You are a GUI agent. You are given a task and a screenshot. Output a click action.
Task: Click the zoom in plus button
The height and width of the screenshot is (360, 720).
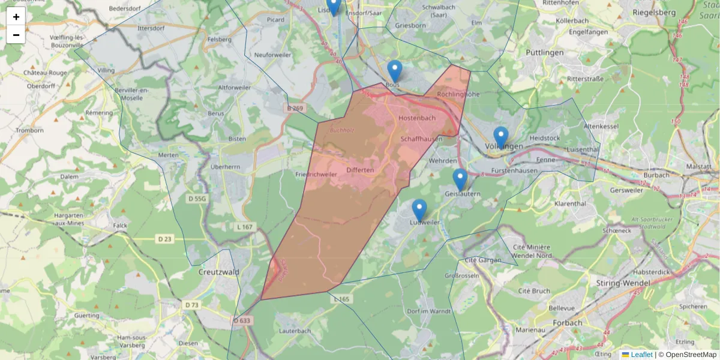(x=16, y=17)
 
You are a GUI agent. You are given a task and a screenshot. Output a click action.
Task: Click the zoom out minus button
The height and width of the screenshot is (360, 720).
(x=16, y=35)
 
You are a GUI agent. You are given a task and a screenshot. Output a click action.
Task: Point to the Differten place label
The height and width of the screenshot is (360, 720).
(x=360, y=170)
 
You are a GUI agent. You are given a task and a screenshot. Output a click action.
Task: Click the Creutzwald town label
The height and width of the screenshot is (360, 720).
(x=218, y=272)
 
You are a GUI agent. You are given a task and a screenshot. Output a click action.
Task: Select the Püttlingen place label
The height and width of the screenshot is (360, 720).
(x=544, y=52)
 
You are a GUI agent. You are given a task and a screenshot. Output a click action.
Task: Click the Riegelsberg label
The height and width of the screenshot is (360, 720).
(x=654, y=12)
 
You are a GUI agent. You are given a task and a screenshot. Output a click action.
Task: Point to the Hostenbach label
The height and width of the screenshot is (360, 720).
(x=417, y=118)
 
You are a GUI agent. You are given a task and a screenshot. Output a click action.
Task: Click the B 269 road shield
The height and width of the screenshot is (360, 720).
(x=295, y=109)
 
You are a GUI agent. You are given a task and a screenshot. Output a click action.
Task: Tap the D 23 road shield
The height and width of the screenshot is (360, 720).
(x=164, y=239)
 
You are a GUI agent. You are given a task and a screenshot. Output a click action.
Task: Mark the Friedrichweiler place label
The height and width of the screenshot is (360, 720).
(x=316, y=174)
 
